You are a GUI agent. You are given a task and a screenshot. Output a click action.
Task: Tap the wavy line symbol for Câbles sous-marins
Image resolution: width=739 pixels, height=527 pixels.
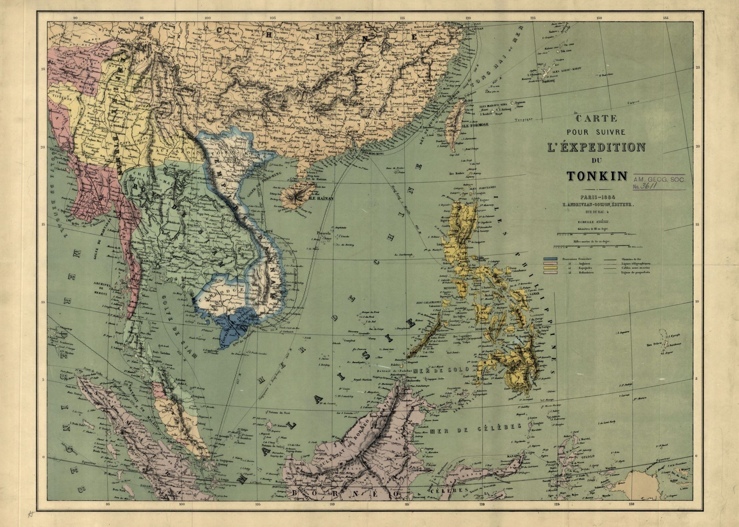pos(608,268)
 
